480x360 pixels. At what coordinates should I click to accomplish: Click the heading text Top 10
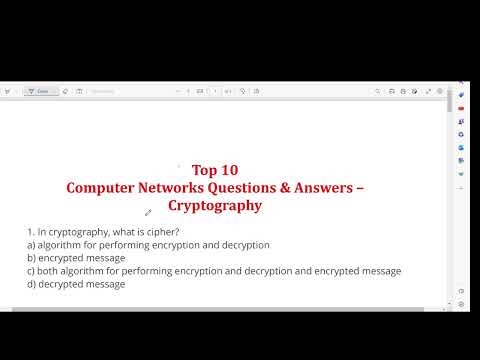(215, 169)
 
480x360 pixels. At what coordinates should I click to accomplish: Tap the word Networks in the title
(183, 187)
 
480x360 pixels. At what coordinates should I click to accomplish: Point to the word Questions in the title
(260, 187)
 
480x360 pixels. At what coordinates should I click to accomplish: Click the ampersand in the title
(307, 187)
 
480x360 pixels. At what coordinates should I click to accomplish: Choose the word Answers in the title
(342, 187)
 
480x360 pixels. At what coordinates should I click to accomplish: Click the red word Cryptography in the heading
(215, 205)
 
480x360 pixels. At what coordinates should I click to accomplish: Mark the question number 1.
(30, 232)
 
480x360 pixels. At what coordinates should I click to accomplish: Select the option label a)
(31, 245)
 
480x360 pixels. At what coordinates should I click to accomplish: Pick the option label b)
(31, 258)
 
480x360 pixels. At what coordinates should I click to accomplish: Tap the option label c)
(31, 271)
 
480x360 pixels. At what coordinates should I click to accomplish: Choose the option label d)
(31, 284)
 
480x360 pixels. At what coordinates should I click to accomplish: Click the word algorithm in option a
(61, 245)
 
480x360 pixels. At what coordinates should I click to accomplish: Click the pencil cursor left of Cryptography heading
(148, 212)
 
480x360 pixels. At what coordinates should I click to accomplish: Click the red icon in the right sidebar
(461, 108)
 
